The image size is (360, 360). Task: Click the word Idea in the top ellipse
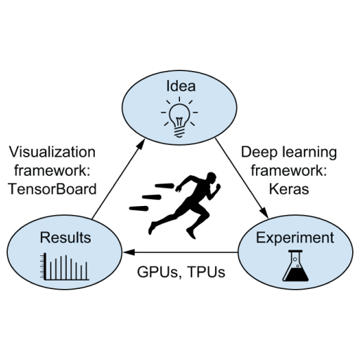(181, 86)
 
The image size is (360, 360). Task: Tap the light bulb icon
(179, 117)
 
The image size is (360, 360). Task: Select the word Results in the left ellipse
(65, 238)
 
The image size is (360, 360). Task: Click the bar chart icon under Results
(65, 267)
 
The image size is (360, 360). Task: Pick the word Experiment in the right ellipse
(295, 238)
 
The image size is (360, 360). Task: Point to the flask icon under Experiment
(295, 266)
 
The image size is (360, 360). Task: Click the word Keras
(289, 189)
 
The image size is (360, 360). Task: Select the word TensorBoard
(52, 189)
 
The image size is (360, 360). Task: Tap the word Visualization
(52, 152)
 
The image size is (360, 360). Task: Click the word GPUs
(157, 272)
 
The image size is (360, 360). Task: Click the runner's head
(211, 178)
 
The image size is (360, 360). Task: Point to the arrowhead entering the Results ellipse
(129, 252)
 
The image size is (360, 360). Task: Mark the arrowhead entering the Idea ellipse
(141, 143)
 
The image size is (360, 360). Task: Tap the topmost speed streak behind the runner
(165, 186)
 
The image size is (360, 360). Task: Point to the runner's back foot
(152, 228)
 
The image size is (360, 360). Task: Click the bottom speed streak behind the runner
(139, 208)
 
